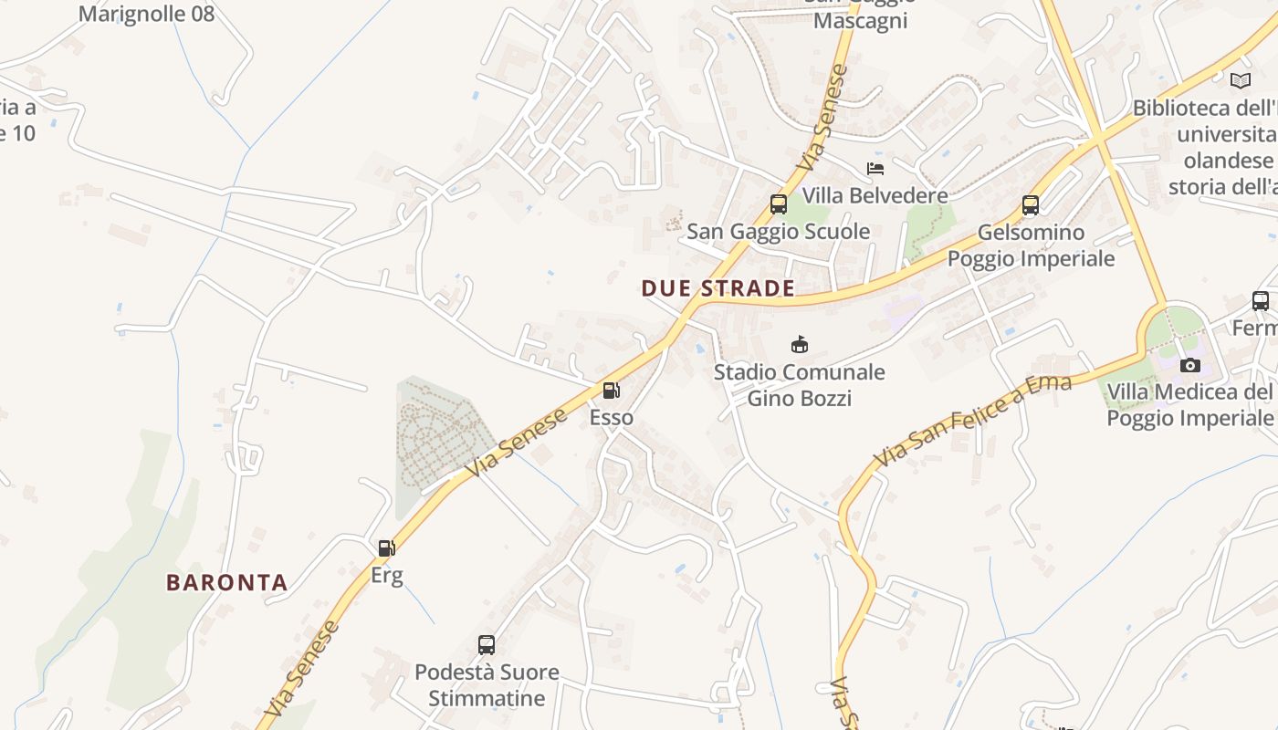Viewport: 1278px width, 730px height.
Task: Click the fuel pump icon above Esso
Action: pyautogui.click(x=611, y=391)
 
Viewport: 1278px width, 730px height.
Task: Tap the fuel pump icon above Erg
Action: pyautogui.click(x=386, y=548)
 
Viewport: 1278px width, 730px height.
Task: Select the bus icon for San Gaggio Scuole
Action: pyautogui.click(x=779, y=204)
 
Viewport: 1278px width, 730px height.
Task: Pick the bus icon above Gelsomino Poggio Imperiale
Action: pyautogui.click(x=1031, y=205)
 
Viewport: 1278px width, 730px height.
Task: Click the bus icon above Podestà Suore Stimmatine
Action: pyautogui.click(x=487, y=645)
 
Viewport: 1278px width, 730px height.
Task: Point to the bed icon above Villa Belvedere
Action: pyautogui.click(x=875, y=169)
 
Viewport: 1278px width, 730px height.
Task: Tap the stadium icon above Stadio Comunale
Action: pyautogui.click(x=800, y=344)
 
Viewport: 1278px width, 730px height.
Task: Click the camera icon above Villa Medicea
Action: pyautogui.click(x=1190, y=366)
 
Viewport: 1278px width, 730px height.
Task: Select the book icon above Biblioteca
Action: pyautogui.click(x=1241, y=80)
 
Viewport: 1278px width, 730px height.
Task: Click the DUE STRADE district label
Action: pyautogui.click(x=718, y=288)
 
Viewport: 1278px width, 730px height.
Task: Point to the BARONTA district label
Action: pyautogui.click(x=227, y=582)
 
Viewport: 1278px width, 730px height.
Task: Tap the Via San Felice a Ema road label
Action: pyautogui.click(x=973, y=420)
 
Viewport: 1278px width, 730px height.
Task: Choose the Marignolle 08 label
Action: pyautogui.click(x=146, y=14)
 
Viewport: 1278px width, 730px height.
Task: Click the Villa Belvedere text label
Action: pyautogui.click(x=875, y=195)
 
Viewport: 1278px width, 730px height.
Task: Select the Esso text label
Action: pyautogui.click(x=611, y=418)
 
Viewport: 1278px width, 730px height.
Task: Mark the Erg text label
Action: pyautogui.click(x=386, y=576)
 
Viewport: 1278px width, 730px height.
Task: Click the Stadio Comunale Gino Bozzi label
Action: pyautogui.click(x=800, y=385)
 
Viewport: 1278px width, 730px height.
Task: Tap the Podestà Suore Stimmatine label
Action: pyautogui.click(x=487, y=685)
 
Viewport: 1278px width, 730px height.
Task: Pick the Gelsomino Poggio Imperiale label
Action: pyautogui.click(x=1031, y=245)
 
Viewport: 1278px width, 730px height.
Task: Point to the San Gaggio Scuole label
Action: pyautogui.click(x=779, y=232)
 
